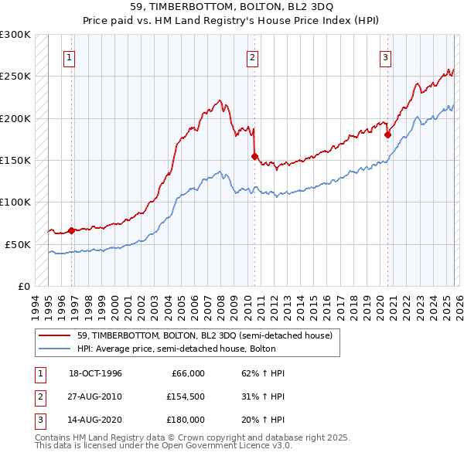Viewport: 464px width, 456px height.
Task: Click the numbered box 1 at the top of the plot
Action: point(70,56)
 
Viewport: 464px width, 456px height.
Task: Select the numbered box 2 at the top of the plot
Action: point(252,56)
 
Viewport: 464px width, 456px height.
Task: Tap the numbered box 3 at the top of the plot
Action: point(385,56)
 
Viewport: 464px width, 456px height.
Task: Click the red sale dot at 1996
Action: point(72,230)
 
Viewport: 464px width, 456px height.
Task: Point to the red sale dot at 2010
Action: point(254,156)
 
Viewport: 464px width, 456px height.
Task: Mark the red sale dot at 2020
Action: point(388,134)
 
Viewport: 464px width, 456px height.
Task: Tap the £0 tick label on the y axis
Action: point(22,286)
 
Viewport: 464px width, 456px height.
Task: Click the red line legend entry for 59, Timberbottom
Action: point(205,335)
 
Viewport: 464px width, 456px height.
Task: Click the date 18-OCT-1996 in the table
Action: point(95,373)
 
